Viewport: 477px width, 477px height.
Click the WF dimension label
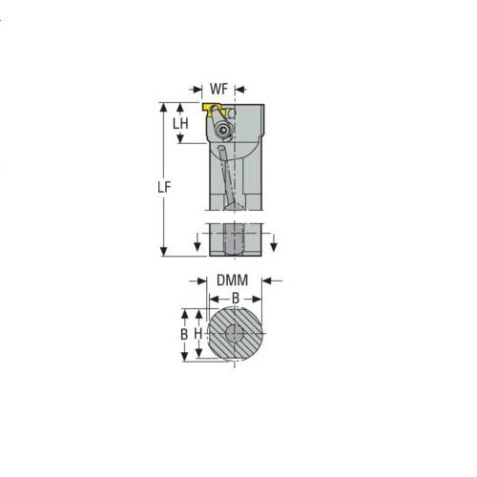coord(219,88)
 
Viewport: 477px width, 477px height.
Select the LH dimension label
coord(179,123)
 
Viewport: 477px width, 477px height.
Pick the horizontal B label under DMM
coord(235,298)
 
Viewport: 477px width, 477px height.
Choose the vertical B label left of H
coord(183,336)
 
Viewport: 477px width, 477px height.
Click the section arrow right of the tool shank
coord(274,244)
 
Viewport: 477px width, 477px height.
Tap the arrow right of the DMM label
coord(267,280)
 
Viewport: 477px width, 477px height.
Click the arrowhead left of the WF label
coord(200,88)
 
